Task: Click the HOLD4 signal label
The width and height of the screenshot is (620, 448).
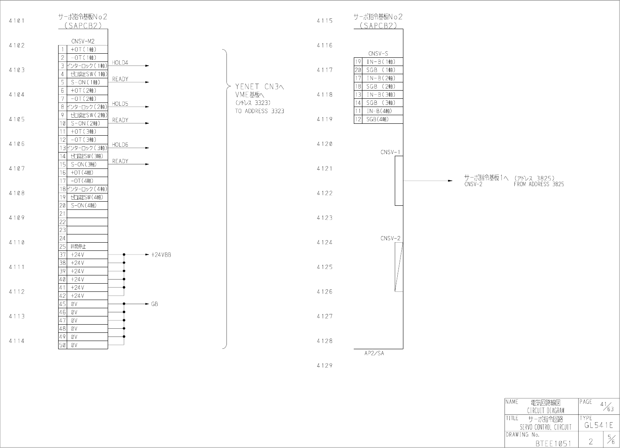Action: [x=120, y=63]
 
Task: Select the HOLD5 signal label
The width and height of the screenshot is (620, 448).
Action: [x=120, y=104]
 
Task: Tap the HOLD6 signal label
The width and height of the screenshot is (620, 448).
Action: [x=120, y=145]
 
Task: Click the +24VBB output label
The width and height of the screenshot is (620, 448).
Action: [x=161, y=255]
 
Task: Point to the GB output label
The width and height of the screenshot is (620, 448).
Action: [x=154, y=304]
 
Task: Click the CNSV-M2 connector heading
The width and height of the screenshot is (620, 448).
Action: [x=83, y=41]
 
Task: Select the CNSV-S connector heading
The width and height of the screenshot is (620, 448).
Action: [x=378, y=54]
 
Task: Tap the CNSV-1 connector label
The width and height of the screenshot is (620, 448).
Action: [x=390, y=152]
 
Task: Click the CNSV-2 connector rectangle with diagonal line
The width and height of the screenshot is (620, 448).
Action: [x=398, y=267]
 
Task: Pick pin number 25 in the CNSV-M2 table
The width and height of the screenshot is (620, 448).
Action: [x=63, y=246]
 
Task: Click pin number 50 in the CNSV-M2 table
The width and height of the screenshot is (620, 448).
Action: [x=63, y=345]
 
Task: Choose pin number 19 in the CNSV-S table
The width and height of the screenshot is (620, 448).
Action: [x=358, y=62]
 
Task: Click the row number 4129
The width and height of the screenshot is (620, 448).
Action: [x=324, y=366]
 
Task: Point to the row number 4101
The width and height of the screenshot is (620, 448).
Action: [x=16, y=20]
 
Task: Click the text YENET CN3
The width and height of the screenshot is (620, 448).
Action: [x=260, y=86]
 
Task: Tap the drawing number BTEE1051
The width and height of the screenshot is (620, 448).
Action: [x=553, y=443]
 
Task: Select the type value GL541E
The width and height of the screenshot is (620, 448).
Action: [x=599, y=425]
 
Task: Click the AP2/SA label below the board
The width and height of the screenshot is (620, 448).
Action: [x=374, y=353]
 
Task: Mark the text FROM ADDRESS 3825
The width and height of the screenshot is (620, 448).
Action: [x=539, y=184]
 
